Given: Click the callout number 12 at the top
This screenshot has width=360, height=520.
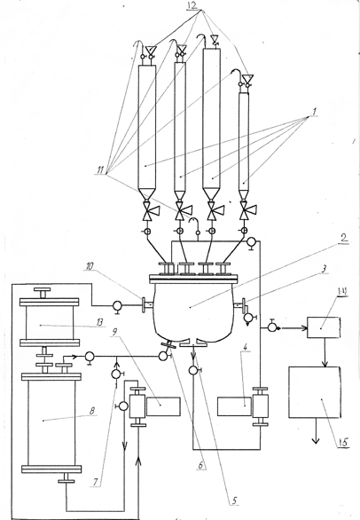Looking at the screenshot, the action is [193, 5].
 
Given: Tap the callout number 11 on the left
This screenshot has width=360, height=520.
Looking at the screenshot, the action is [100, 171].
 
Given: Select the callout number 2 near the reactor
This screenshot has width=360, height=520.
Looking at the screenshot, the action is [343, 238].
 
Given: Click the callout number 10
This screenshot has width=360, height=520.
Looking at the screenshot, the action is [90, 266].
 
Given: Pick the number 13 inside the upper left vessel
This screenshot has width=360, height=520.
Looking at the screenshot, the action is [98, 322].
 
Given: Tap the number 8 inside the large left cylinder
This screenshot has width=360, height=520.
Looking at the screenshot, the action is [92, 411].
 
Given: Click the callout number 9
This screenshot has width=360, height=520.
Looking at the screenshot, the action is [114, 332].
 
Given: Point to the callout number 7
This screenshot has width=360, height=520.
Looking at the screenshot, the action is [96, 482].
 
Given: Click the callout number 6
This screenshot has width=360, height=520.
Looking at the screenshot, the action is [201, 465].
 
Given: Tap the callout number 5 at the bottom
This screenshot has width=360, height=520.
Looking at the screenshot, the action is [234, 500].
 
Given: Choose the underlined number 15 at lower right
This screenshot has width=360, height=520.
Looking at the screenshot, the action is [343, 442].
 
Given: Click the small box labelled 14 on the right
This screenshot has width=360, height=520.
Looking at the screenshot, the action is [324, 327].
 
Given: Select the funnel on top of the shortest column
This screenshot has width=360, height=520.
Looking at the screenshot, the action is [247, 78].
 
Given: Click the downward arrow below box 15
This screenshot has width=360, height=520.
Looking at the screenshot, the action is [316, 430].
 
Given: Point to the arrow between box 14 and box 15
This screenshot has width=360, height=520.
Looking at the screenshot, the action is [325, 352].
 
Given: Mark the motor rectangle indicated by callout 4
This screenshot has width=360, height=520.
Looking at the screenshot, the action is [234, 406].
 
